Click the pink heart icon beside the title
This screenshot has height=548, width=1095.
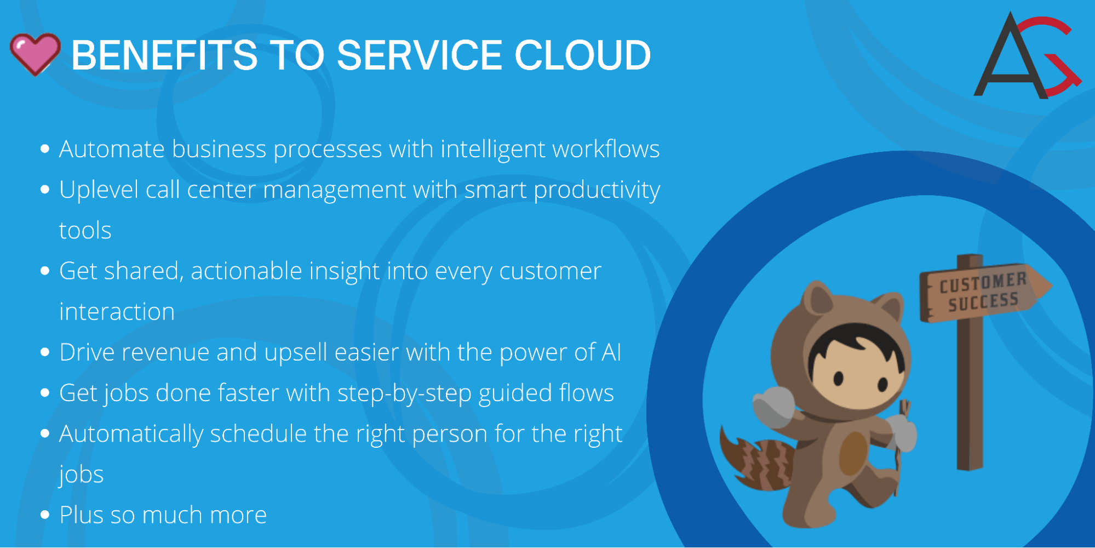[x=35, y=54]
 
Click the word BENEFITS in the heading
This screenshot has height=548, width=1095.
[x=164, y=55]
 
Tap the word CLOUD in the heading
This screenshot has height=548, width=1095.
[x=582, y=55]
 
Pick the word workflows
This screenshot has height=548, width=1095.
[x=606, y=149]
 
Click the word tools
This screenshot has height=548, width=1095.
[x=85, y=231]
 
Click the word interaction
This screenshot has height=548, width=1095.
[x=117, y=312]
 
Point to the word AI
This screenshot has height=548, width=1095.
[x=611, y=352]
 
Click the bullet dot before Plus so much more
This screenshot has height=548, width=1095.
[x=45, y=515]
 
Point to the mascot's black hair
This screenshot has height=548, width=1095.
[x=857, y=342]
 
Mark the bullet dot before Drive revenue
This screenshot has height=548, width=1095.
[x=45, y=352]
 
